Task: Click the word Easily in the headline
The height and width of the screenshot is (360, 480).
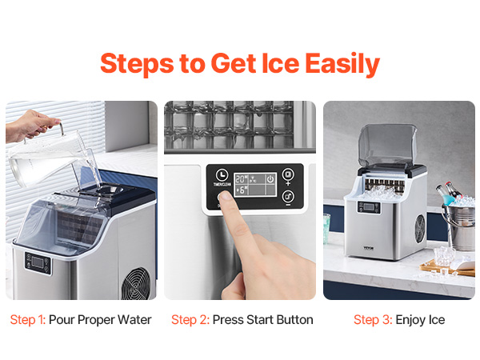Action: click(x=342, y=64)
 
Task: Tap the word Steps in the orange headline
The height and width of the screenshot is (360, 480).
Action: click(x=137, y=64)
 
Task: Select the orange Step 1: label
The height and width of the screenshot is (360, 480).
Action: click(x=28, y=320)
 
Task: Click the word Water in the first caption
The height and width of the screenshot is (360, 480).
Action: click(x=134, y=319)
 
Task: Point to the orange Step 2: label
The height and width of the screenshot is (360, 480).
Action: click(x=190, y=320)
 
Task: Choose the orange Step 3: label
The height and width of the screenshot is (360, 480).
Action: click(x=373, y=320)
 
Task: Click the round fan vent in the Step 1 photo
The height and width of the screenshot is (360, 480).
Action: click(x=137, y=283)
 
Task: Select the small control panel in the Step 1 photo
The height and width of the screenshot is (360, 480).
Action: click(x=38, y=263)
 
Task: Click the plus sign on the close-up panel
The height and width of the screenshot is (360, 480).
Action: click(x=288, y=183)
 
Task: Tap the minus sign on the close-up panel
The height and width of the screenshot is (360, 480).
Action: click(x=288, y=205)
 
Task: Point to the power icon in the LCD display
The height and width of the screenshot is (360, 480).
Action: click(x=270, y=178)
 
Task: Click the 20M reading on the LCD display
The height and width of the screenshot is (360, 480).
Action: click(x=242, y=179)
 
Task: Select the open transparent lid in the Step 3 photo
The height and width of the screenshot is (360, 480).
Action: click(x=387, y=145)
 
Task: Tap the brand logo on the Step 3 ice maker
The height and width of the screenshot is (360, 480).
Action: click(x=369, y=248)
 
